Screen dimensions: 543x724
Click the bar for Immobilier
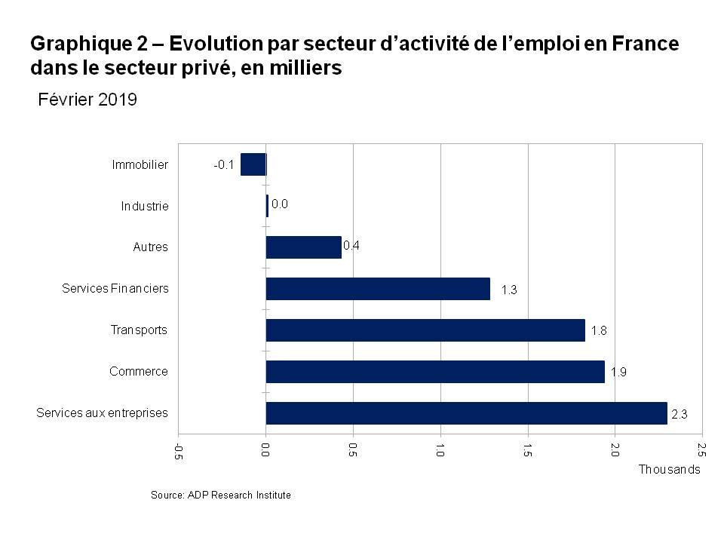253,164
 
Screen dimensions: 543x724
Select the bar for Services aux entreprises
466,413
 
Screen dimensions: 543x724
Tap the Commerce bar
435,372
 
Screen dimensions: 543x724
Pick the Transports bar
425,330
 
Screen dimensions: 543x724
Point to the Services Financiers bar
378,289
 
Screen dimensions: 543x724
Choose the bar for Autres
303,247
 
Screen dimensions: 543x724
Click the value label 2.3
678,413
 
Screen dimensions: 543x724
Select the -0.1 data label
224,164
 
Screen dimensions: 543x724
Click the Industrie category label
145,206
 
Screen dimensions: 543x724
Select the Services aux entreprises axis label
102,413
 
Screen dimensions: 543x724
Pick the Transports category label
139,330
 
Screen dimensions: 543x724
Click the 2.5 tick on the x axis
702,450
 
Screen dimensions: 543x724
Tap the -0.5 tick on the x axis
179,451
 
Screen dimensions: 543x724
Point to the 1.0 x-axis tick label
440,450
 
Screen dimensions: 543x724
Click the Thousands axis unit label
670,469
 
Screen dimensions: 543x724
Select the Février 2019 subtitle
87,100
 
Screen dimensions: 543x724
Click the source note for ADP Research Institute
221,495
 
